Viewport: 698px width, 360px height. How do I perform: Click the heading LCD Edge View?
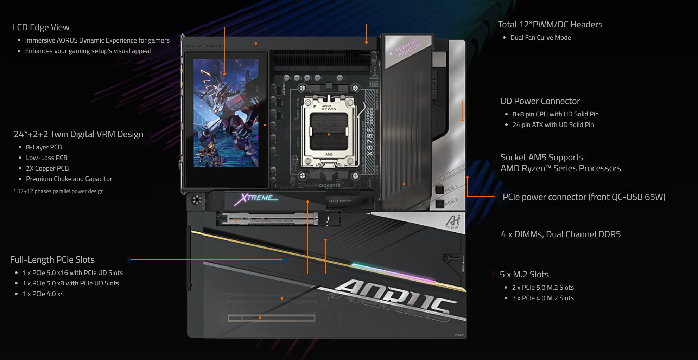tap(41, 27)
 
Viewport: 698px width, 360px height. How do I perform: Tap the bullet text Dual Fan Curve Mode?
tap(540, 38)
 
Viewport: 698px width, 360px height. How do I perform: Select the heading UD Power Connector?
tap(540, 101)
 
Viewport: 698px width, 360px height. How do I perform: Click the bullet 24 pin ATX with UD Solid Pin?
tap(553, 125)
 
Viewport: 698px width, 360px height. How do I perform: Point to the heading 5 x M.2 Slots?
tap(524, 275)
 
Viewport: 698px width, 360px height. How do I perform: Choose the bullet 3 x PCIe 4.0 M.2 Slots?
tap(542, 298)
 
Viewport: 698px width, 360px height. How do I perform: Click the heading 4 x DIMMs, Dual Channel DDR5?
tap(560, 234)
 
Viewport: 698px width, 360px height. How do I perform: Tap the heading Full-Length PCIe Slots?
tap(52, 260)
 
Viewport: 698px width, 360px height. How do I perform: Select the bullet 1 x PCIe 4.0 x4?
tap(43, 294)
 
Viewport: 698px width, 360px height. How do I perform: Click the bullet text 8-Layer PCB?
tap(44, 147)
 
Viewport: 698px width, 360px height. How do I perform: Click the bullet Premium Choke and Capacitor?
tap(69, 179)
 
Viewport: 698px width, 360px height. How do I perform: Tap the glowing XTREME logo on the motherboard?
tap(256, 198)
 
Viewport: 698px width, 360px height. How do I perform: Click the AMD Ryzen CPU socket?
tap(329, 132)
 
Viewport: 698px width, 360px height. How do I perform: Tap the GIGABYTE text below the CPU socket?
tap(329, 186)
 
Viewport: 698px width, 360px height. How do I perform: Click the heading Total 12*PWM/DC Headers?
tap(550, 25)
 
